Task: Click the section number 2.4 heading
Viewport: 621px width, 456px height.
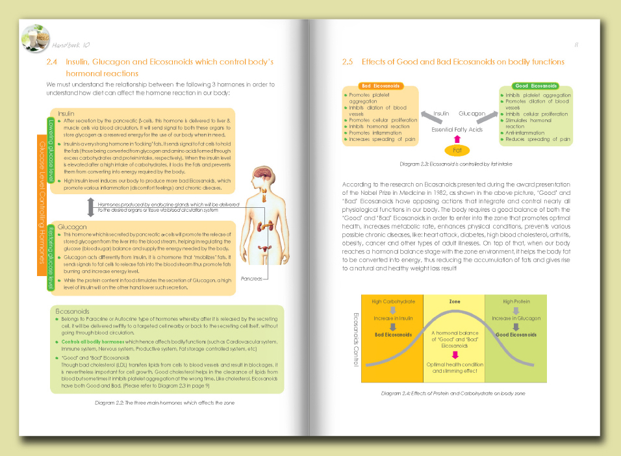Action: pyautogui.click(x=53, y=62)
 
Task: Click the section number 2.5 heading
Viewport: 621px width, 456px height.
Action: pyautogui.click(x=348, y=62)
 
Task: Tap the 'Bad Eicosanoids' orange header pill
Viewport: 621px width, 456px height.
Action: pyautogui.click(x=381, y=86)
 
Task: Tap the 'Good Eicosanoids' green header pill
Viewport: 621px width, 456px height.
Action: pyautogui.click(x=536, y=86)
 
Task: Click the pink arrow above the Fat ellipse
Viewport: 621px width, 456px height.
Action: pyautogui.click(x=457, y=138)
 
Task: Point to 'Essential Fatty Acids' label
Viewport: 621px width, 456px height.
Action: pyautogui.click(x=457, y=130)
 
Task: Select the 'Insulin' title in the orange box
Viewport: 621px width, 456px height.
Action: pyautogui.click(x=66, y=113)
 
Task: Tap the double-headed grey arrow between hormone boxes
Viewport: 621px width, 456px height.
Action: pyautogui.click(x=91, y=207)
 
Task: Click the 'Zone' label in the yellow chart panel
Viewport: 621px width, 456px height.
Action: pyautogui.click(x=455, y=302)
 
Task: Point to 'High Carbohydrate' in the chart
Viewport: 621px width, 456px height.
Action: pyautogui.click(x=393, y=302)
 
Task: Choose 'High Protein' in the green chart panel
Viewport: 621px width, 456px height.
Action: pyautogui.click(x=516, y=302)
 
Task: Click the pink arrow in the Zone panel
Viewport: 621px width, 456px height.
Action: pyautogui.click(x=455, y=355)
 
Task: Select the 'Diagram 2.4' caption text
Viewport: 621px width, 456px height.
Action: pyautogui.click(x=454, y=394)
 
